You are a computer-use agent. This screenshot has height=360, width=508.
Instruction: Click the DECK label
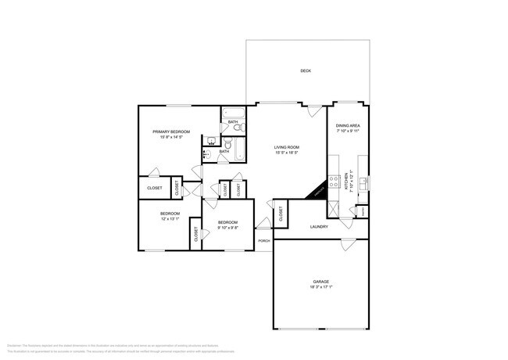click(x=306, y=71)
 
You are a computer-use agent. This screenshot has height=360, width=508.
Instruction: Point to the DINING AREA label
click(x=348, y=126)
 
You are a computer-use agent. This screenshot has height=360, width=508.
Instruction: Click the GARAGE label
click(x=320, y=281)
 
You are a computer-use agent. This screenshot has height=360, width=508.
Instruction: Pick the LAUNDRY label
click(x=318, y=227)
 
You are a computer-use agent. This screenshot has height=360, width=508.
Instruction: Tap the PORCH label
click(x=264, y=240)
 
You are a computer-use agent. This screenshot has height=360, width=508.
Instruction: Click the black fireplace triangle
click(x=317, y=193)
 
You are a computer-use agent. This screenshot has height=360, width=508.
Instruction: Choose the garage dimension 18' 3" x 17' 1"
click(x=320, y=286)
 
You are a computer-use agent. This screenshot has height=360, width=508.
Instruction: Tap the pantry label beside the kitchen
click(x=363, y=211)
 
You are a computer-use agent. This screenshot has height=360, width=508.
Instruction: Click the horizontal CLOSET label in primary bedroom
click(x=154, y=188)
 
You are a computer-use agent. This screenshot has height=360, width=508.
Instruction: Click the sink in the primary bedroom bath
click(x=210, y=142)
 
